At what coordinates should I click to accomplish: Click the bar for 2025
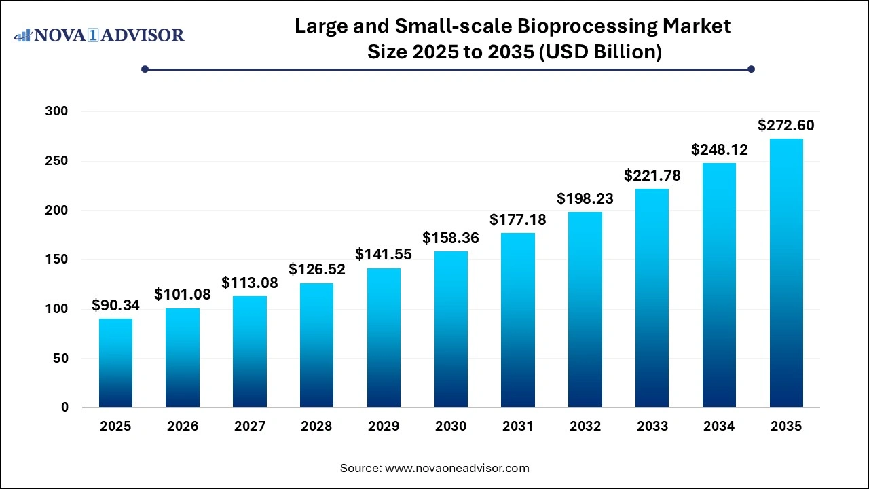[x=115, y=363]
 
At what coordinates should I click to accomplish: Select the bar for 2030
[x=451, y=329]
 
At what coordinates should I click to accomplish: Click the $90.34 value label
[x=115, y=306]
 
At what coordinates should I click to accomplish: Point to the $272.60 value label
[x=786, y=126]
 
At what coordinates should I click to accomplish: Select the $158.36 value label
[x=451, y=238]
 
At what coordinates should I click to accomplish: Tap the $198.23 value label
[x=585, y=198]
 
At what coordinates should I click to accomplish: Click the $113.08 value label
[x=249, y=283]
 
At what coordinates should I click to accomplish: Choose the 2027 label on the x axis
[x=249, y=427]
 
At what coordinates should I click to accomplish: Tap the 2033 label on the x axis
[x=652, y=427]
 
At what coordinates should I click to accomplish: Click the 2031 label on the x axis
[x=518, y=427]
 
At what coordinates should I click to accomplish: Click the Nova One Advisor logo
[x=99, y=35]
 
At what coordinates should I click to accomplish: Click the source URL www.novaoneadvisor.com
[x=457, y=468]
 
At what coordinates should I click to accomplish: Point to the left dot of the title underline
[x=145, y=69]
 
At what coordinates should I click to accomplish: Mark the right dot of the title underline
[x=751, y=69]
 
